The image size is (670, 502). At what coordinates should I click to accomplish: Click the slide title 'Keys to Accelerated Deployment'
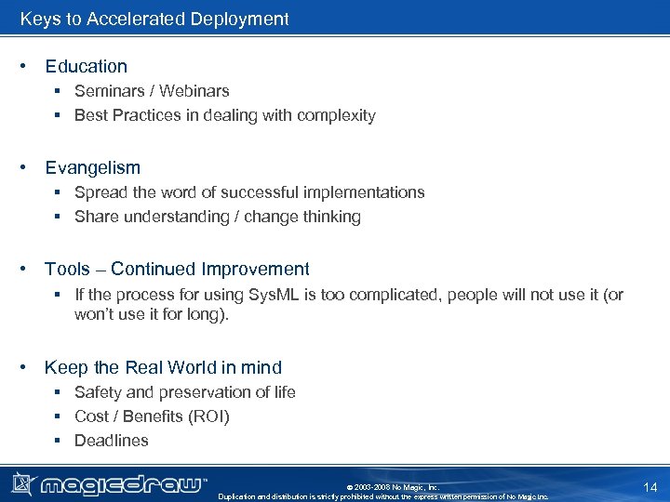[154, 19]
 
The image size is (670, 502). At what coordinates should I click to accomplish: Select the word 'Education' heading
[87, 66]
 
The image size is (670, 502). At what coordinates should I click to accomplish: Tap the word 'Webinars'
[194, 91]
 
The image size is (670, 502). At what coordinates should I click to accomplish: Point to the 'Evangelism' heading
[93, 167]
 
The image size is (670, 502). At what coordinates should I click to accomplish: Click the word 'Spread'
[101, 192]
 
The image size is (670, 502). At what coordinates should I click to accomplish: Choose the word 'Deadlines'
[112, 441]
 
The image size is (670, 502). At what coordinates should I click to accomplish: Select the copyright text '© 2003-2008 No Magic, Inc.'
[392, 487]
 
